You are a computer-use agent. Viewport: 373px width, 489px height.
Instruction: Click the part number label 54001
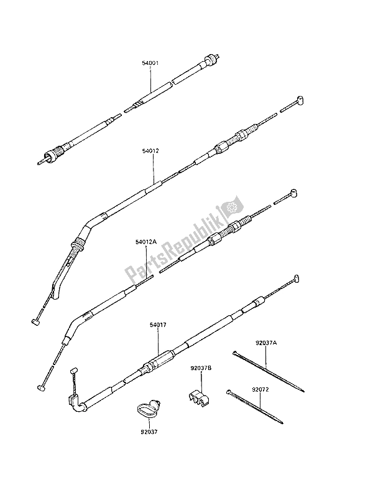click(x=150, y=64)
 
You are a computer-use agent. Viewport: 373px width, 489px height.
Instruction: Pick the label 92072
click(x=261, y=390)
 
